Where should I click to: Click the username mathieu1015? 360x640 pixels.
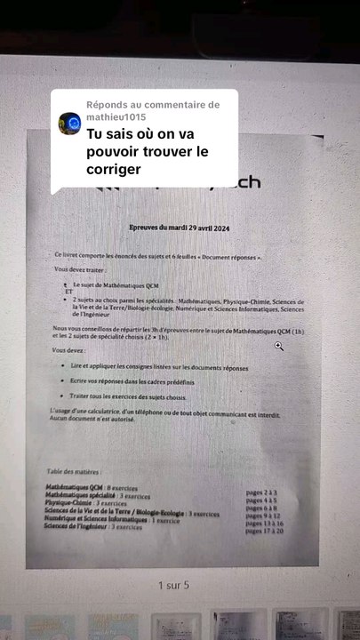[x=116, y=116]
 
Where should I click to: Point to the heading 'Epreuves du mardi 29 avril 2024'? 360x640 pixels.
[x=179, y=229]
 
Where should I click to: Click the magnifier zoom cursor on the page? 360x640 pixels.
[x=278, y=346]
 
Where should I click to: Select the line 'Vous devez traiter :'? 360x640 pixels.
[x=80, y=268]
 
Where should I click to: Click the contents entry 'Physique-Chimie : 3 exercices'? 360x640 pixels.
[x=85, y=503]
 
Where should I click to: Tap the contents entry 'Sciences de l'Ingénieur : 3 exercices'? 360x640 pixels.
[x=93, y=527]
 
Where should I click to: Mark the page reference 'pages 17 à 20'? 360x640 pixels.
[x=265, y=530]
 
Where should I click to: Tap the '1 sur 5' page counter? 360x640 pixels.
[x=173, y=586]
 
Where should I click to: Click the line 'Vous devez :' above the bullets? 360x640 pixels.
[x=69, y=350]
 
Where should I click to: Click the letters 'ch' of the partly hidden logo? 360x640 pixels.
[x=248, y=182]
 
